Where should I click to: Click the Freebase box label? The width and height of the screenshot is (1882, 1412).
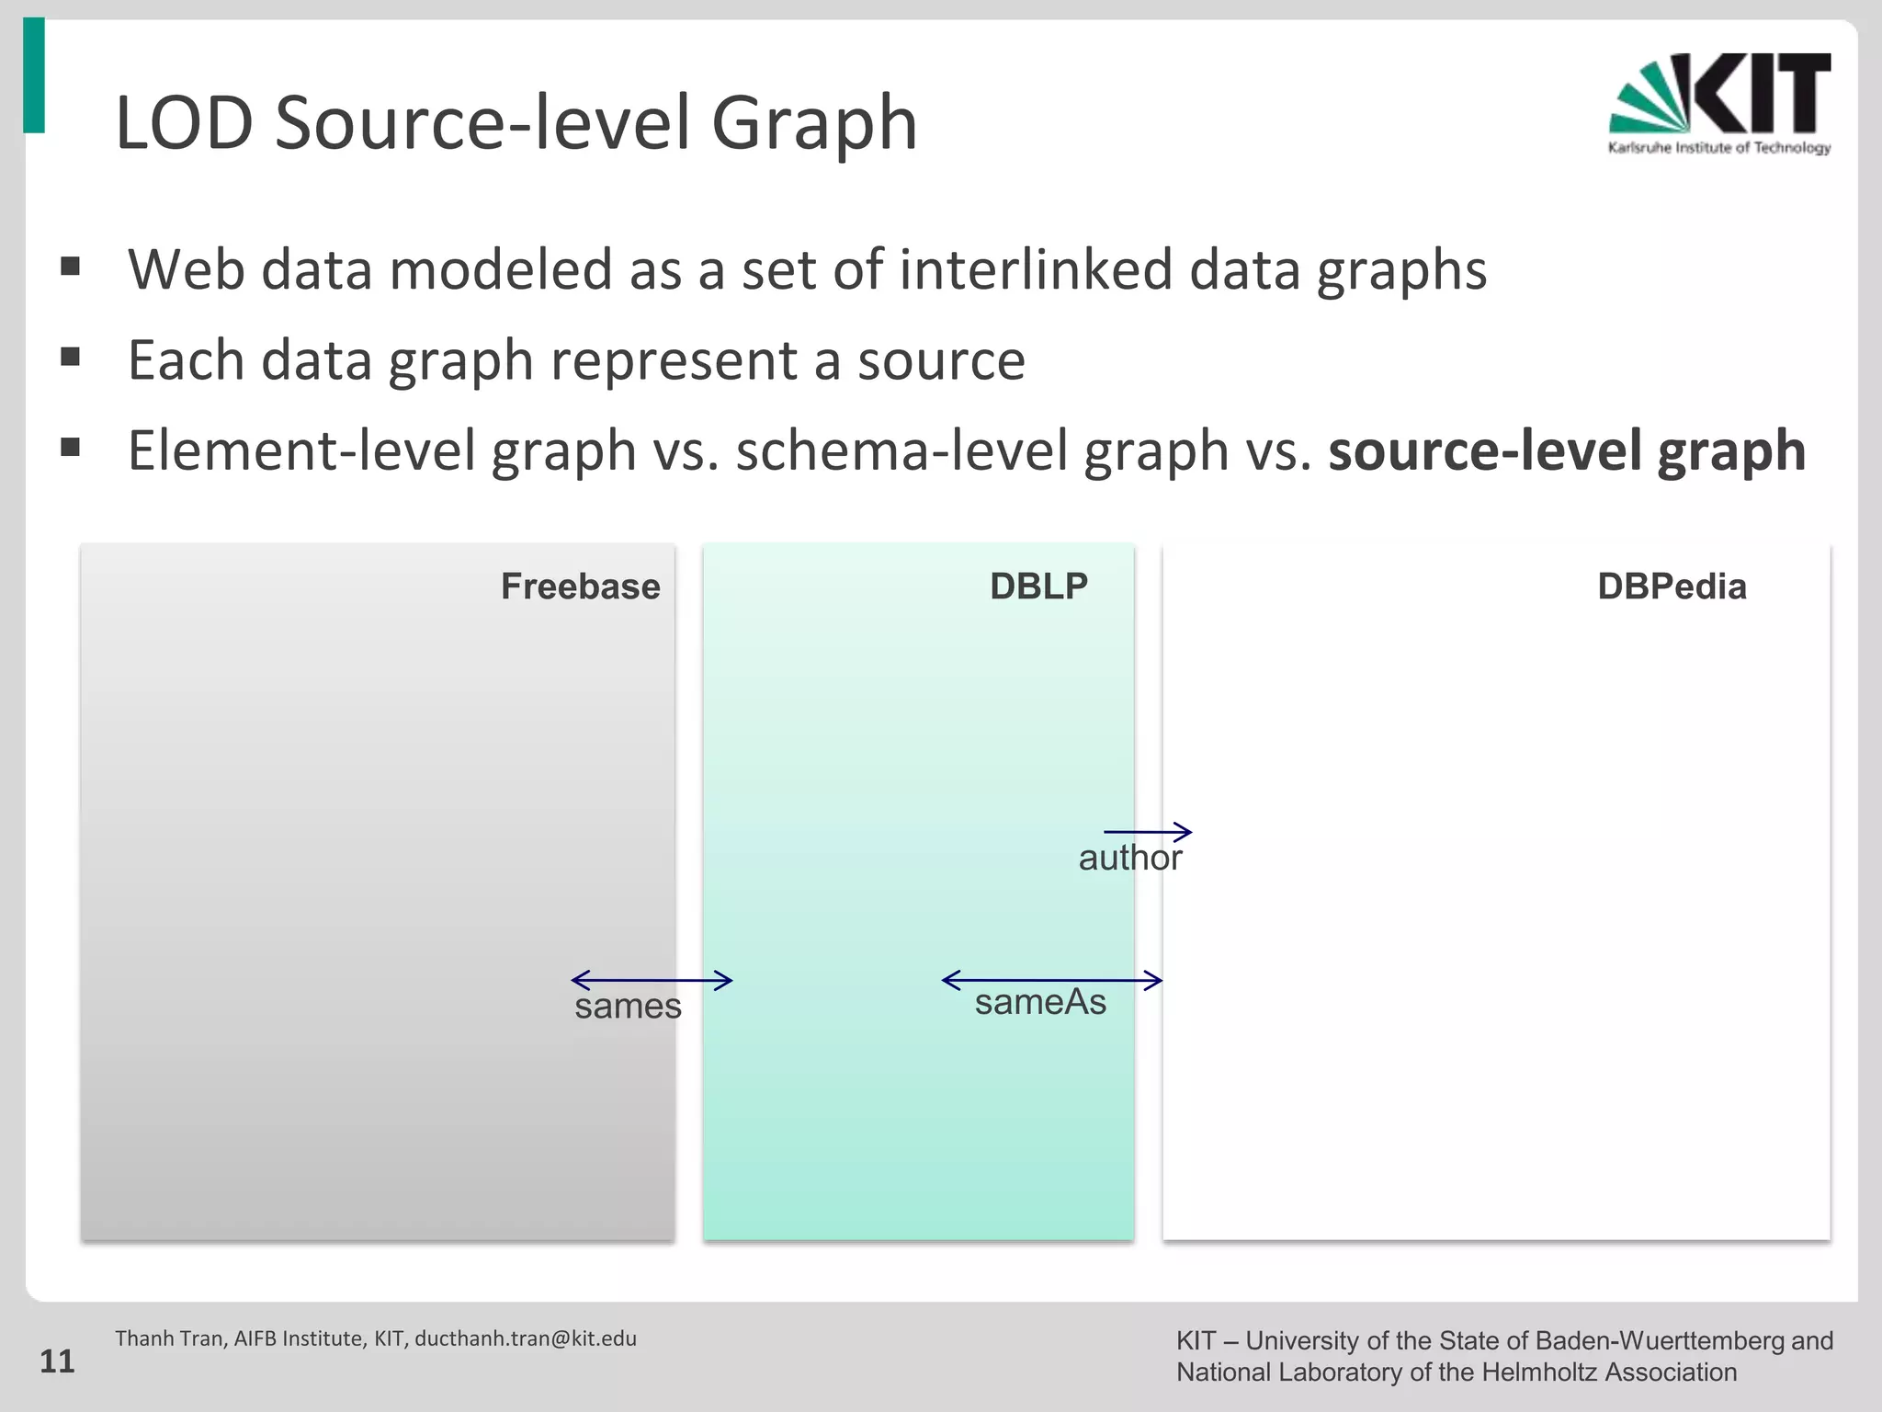[x=580, y=586]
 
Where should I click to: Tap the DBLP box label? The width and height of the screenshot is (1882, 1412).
[x=1038, y=586]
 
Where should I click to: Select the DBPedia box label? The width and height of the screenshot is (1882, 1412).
[x=1671, y=586]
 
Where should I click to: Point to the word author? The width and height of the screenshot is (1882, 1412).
[x=1129, y=859]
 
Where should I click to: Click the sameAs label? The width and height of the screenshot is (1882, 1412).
[x=1040, y=1002]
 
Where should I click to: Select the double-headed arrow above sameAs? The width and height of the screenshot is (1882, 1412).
[x=1052, y=980]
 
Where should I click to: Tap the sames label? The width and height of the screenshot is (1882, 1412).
[x=628, y=1007]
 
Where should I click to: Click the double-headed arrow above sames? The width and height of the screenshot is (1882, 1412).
[x=652, y=980]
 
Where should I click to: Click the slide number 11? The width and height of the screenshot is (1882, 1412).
[x=57, y=1361]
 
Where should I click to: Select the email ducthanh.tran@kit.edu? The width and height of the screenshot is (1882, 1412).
[x=526, y=1338]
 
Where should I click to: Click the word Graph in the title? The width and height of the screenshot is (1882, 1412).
[x=814, y=123]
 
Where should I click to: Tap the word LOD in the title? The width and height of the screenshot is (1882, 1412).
[x=184, y=123]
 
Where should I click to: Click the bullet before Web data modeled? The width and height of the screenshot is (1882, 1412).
[x=71, y=268]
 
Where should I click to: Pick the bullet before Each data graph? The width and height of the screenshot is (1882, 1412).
[x=71, y=357]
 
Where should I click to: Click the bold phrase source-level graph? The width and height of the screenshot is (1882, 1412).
[x=1567, y=450]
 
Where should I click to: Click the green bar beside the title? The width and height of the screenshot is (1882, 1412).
[x=34, y=75]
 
